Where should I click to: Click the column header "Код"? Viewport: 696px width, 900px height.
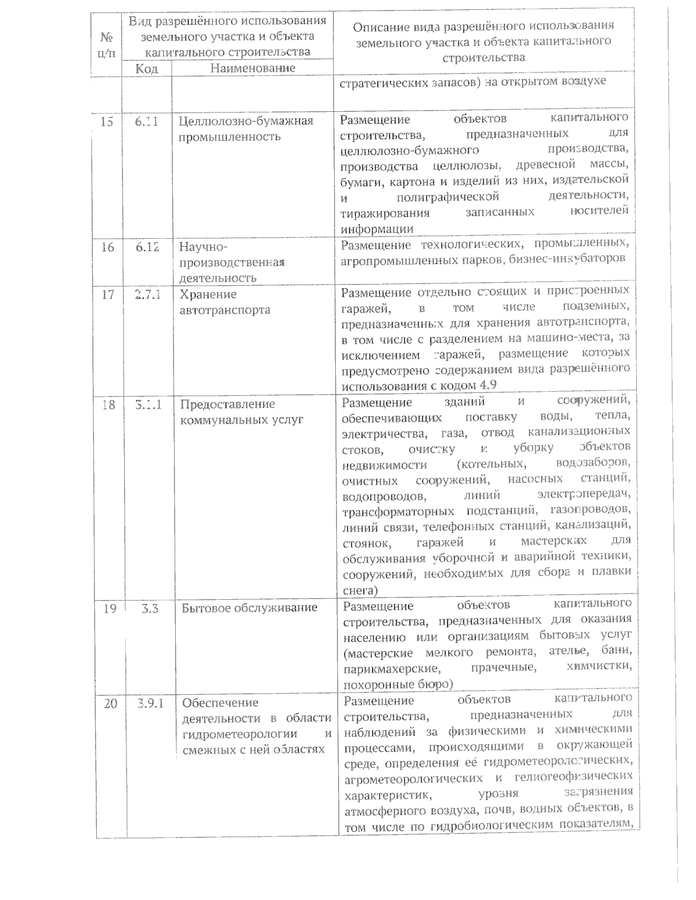146,68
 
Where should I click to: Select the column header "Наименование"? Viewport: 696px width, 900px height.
252,68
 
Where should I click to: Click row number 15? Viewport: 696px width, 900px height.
107,122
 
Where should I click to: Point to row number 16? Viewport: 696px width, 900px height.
108,247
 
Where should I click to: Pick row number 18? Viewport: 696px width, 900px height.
108,405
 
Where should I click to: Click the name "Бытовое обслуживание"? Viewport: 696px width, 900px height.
249,608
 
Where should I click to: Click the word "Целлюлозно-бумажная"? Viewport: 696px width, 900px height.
246,122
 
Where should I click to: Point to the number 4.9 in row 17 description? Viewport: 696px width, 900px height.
490,385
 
